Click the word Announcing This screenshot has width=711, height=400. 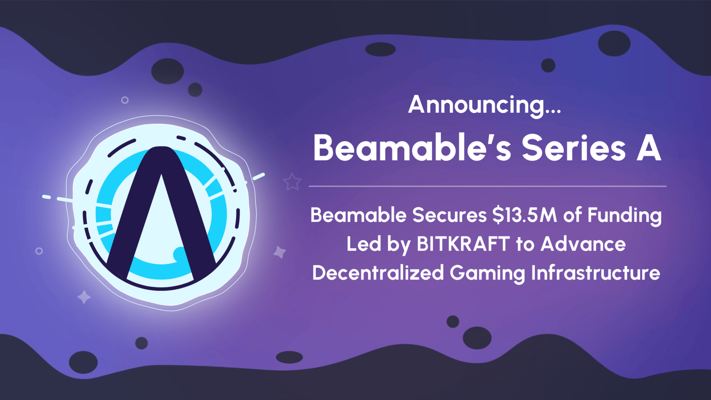(476, 105)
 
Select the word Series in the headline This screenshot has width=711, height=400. (574, 148)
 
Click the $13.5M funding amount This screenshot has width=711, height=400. (524, 215)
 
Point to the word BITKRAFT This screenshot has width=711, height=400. (463, 244)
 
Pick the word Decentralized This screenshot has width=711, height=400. (378, 273)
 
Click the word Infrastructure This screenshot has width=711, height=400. (595, 273)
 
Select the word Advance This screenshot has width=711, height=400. (583, 244)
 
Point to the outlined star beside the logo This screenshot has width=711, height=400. (292, 182)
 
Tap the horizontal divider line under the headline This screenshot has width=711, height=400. (487, 186)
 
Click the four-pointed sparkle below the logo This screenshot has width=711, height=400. (84, 297)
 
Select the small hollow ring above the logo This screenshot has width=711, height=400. (125, 100)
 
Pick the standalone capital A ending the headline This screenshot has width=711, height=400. (649, 148)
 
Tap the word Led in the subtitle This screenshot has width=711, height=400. (358, 244)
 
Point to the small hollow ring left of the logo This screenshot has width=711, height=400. (39, 251)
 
